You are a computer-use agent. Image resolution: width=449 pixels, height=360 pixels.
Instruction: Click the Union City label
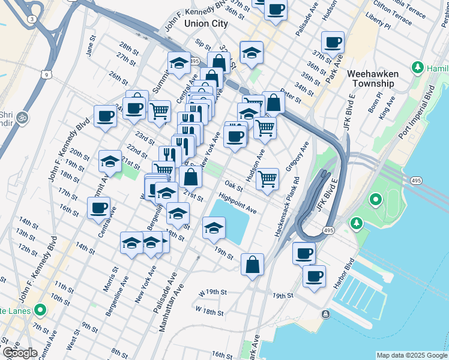coord(206,23)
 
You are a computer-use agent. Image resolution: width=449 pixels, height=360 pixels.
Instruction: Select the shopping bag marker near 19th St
coord(253,265)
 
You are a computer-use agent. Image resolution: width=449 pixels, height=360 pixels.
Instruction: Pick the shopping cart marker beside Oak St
coord(268,178)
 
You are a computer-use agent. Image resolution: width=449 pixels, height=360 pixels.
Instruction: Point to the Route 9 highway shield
coord(46,75)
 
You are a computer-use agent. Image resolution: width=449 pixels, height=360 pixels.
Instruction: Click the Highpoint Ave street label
coord(238,203)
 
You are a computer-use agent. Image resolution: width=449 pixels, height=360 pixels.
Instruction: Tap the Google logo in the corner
coord(20,353)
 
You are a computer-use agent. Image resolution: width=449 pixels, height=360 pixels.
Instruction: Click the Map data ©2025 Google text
coord(411,355)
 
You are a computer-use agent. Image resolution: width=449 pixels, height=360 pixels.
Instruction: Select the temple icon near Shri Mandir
coord(23,116)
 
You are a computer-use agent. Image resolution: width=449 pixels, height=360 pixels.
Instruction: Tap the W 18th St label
coord(209,313)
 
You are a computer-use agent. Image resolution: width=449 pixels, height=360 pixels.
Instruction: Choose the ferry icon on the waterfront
coord(325,314)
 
